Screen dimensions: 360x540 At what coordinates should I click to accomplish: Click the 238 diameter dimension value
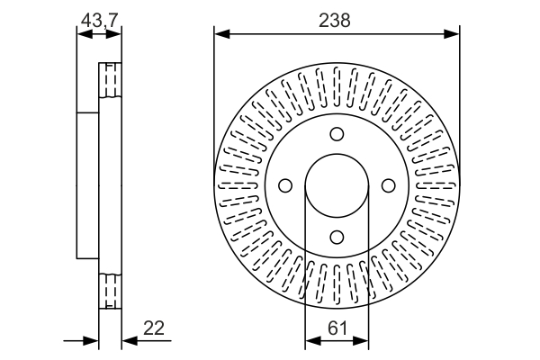[337, 19]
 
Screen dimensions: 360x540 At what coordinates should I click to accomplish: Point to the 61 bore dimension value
[337, 328]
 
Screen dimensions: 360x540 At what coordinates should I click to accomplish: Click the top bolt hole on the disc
[337, 134]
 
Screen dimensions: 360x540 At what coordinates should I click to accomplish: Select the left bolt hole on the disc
[286, 185]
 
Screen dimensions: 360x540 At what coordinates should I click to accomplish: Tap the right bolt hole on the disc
[388, 185]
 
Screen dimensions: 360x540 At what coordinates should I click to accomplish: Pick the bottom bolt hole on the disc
[337, 237]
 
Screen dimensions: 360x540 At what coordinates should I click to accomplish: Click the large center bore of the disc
[337, 185]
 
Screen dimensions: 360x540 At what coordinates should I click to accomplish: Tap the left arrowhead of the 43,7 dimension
[83, 34]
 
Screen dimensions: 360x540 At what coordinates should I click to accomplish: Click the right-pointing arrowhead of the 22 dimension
[91, 341]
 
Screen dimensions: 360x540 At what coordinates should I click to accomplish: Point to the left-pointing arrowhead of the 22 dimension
[128, 341]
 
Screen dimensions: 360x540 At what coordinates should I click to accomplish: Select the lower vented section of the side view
[109, 291]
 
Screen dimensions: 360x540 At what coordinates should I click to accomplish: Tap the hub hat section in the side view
[87, 185]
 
